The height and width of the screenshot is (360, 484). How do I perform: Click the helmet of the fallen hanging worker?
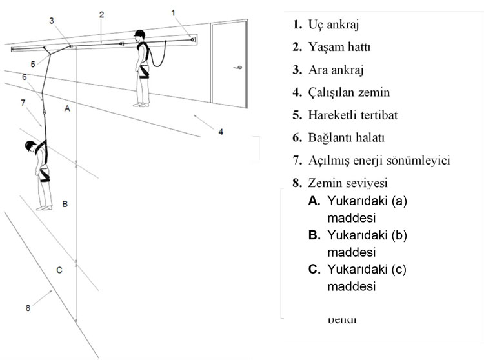pyautogui.click(x=30, y=145)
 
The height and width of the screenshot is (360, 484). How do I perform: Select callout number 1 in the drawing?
pyautogui.click(x=173, y=12)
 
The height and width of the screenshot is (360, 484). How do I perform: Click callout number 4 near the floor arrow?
pyautogui.click(x=220, y=132)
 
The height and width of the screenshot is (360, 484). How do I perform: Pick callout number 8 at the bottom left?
pyautogui.click(x=28, y=308)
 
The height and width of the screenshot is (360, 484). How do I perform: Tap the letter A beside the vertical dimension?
pyautogui.click(x=66, y=110)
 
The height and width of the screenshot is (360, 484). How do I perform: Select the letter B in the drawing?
pyautogui.click(x=65, y=203)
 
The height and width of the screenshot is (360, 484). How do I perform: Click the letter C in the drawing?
pyautogui.click(x=59, y=270)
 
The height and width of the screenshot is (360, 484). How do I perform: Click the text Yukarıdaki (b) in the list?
pyautogui.click(x=367, y=235)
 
